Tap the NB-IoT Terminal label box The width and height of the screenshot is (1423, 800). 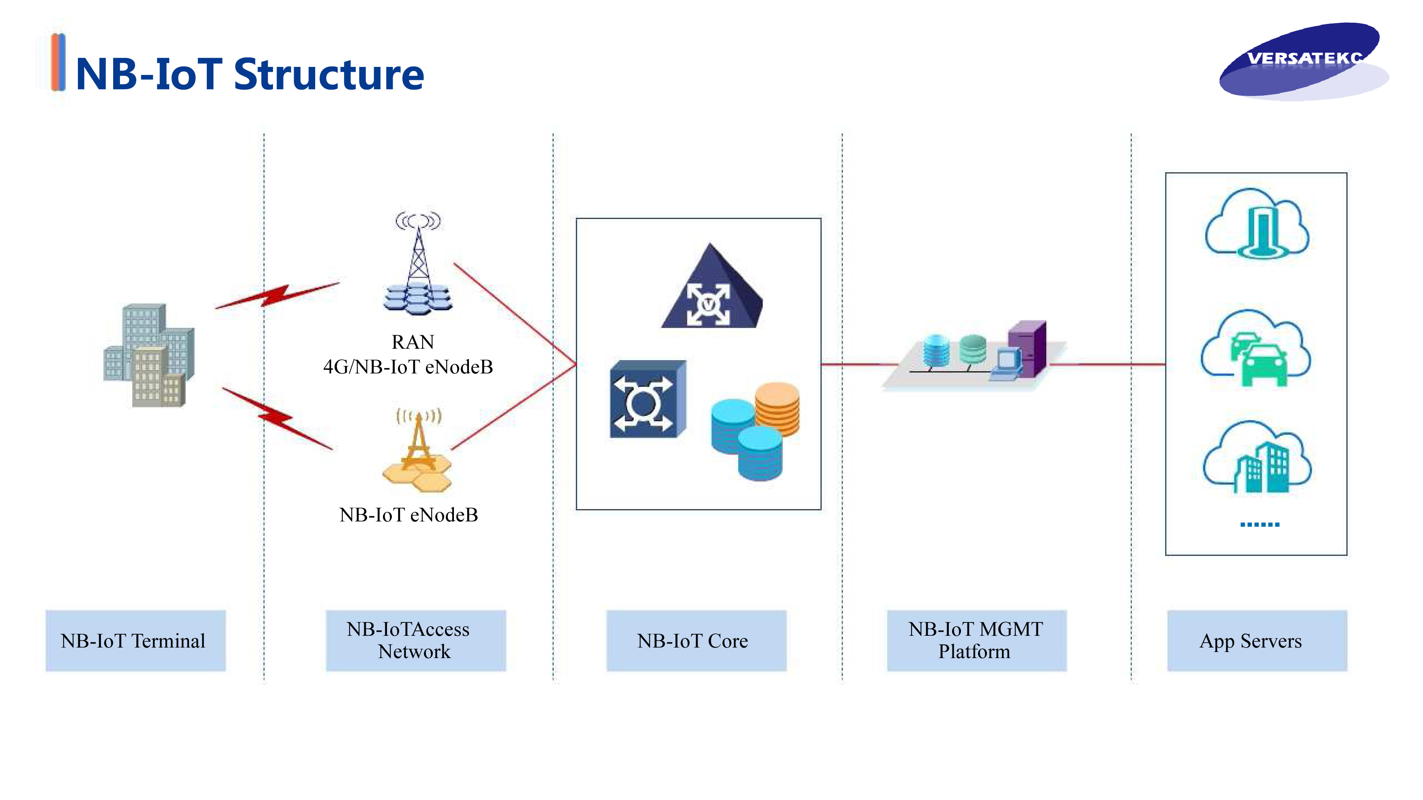coord(135,640)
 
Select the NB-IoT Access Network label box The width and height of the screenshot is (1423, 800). coord(415,640)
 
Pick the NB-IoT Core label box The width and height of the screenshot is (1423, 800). coord(696,640)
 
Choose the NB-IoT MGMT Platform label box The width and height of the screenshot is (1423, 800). coord(976,640)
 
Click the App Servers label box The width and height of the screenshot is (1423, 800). coord(1257,640)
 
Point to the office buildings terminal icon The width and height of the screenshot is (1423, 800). coord(149,355)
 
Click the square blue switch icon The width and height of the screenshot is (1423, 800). coord(647,399)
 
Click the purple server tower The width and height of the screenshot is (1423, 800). coord(1027,348)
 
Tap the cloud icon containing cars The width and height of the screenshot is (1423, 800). coord(1255,349)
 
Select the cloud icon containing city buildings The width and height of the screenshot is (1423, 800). coord(1257,458)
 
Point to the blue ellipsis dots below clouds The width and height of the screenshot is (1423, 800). coord(1260,525)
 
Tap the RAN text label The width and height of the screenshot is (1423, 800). coord(413,342)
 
